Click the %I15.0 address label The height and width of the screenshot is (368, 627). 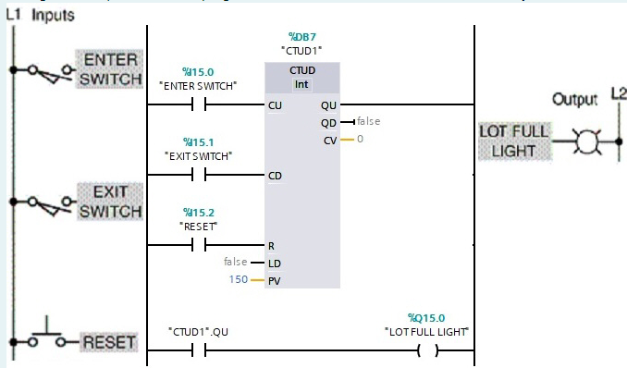198,70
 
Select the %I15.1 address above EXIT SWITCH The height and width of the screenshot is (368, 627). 198,142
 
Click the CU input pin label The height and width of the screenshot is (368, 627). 275,105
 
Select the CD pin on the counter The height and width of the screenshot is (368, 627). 275,175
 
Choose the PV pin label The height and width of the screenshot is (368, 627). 274,278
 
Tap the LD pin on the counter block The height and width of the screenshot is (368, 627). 274,263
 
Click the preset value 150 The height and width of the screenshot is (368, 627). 239,278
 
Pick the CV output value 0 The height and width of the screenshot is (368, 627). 361,139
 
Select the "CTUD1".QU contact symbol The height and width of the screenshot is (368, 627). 198,350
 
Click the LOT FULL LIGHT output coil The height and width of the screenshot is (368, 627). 426,350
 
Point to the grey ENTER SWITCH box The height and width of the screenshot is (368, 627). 109,69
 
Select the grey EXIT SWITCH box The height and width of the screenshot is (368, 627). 108,202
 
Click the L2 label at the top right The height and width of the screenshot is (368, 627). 617,92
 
